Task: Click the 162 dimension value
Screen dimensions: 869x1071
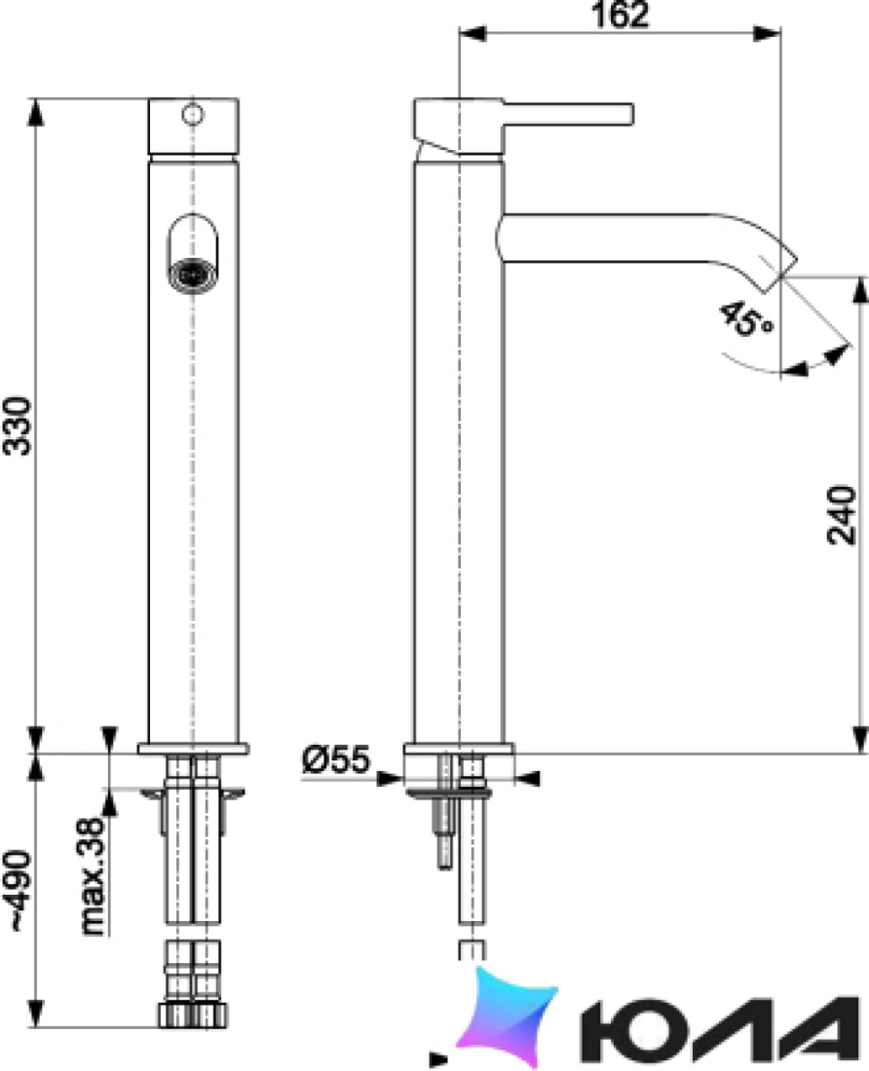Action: [x=620, y=15]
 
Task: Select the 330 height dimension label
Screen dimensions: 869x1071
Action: [x=18, y=426]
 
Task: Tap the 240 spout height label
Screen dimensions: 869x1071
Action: [x=841, y=515]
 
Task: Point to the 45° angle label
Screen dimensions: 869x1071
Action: [x=746, y=319]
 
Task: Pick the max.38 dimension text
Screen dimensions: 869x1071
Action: [x=94, y=876]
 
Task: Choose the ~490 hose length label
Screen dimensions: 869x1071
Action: [x=18, y=891]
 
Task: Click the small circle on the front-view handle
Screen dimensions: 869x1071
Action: [x=193, y=114]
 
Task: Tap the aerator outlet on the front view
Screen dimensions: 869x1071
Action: [x=193, y=276]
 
